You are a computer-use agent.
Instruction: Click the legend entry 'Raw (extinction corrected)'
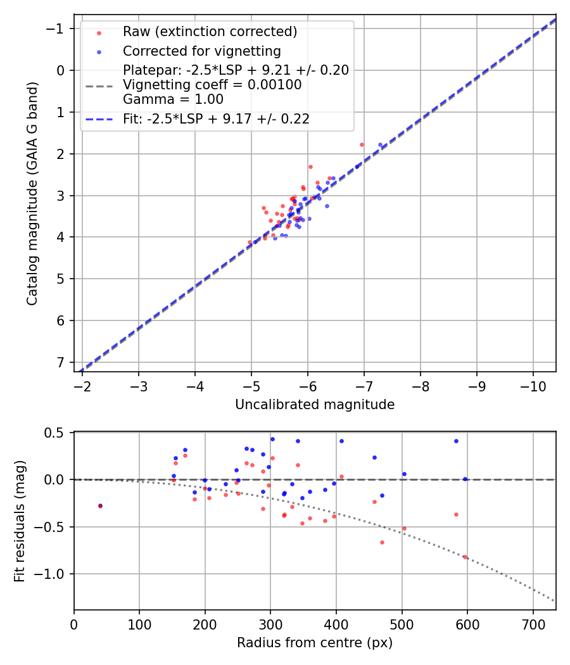[210, 31]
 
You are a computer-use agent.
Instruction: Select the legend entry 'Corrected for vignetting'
[202, 51]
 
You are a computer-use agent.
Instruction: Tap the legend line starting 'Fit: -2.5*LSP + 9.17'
[216, 118]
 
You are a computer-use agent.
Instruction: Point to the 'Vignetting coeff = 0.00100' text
[212, 85]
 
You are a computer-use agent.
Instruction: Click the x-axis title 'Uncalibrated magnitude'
[315, 405]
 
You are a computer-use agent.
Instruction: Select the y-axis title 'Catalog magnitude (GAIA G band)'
[32, 193]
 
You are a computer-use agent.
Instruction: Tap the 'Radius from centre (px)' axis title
[315, 643]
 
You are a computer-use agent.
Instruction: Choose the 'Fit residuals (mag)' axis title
[19, 521]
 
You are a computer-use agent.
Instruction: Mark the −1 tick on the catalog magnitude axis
[57, 29]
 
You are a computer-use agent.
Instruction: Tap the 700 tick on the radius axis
[533, 624]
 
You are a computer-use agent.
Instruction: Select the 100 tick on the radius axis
[139, 624]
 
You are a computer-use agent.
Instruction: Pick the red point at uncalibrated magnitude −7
[362, 144]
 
